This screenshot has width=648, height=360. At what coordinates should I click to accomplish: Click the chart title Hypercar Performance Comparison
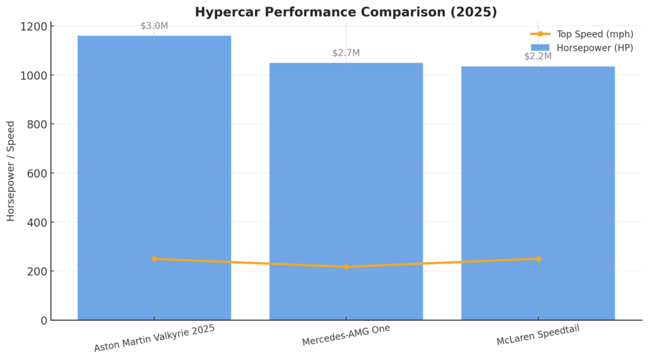coord(346,12)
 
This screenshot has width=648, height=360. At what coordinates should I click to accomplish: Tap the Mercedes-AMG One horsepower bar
coord(346,190)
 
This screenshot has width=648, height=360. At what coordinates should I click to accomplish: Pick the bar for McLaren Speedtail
coord(538,190)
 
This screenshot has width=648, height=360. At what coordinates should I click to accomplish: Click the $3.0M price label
coord(154,26)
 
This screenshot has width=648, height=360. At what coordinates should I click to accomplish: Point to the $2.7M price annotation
coord(346,53)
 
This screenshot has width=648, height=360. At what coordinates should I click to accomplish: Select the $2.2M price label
coord(538,56)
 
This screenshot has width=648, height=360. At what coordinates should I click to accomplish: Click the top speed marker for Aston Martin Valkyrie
coord(154,259)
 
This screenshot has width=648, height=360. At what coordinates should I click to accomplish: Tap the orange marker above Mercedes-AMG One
coord(346,267)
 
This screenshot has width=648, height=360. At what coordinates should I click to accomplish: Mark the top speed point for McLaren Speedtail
coord(538,259)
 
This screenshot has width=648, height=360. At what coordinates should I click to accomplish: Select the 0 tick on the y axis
coord(44,321)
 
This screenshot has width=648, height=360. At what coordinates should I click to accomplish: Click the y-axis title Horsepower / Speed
coord(11,170)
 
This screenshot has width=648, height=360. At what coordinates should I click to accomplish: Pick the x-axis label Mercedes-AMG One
coord(346,335)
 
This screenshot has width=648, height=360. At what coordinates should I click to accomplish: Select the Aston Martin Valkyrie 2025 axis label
coord(154,338)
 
